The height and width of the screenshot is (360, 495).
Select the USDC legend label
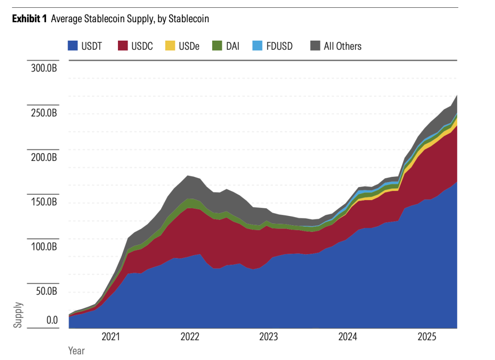[x=142, y=46]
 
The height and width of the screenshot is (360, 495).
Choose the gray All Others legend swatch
[x=315, y=46]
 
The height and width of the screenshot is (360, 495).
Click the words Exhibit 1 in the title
[x=29, y=19]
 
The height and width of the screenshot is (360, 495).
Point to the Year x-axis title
[x=76, y=350]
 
